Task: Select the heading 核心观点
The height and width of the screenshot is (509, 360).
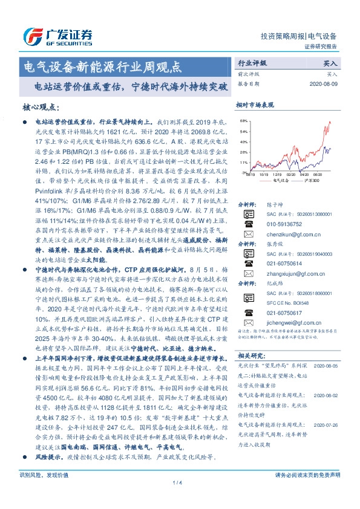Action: tap(41, 107)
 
